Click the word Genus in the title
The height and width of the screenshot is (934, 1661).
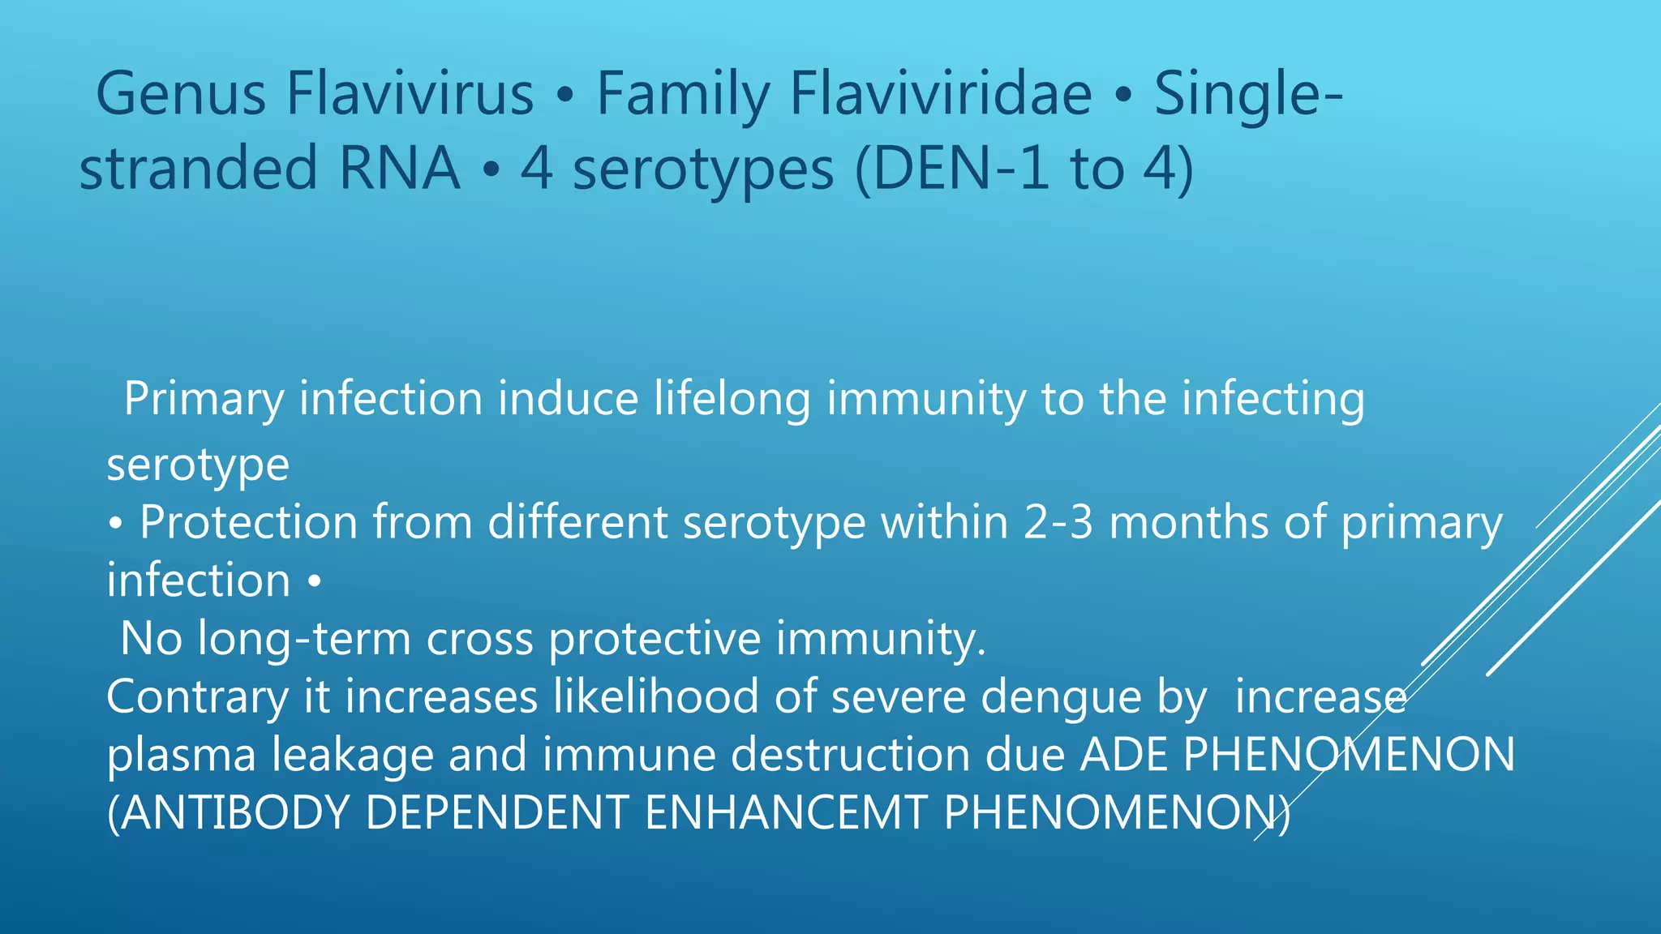click(181, 95)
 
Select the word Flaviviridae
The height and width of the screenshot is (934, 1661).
click(941, 95)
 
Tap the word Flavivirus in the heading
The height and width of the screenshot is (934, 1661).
click(410, 95)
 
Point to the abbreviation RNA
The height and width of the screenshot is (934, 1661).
click(399, 169)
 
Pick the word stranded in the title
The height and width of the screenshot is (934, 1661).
click(199, 169)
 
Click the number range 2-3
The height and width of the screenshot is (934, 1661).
click(1058, 522)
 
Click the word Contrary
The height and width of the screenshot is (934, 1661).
click(197, 697)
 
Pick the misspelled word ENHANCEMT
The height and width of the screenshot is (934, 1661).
click(785, 813)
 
